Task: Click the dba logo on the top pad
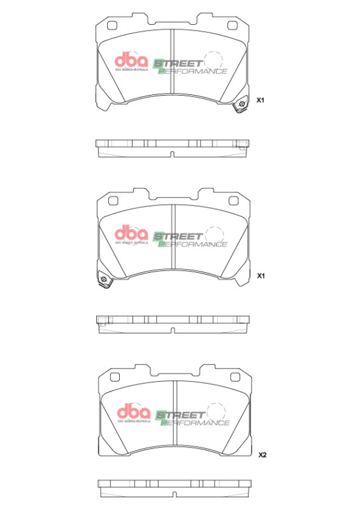coord(131,61)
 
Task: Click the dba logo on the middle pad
coord(131,234)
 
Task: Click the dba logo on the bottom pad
coord(133,412)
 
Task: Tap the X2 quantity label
coord(262,455)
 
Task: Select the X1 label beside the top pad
coord(260,101)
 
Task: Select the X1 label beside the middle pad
coord(260,276)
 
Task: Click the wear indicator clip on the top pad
coord(241,106)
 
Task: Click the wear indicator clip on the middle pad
coord(102,280)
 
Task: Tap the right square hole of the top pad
coord(232,26)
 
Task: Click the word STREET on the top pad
coord(180,64)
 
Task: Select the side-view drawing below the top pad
coord(172,147)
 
